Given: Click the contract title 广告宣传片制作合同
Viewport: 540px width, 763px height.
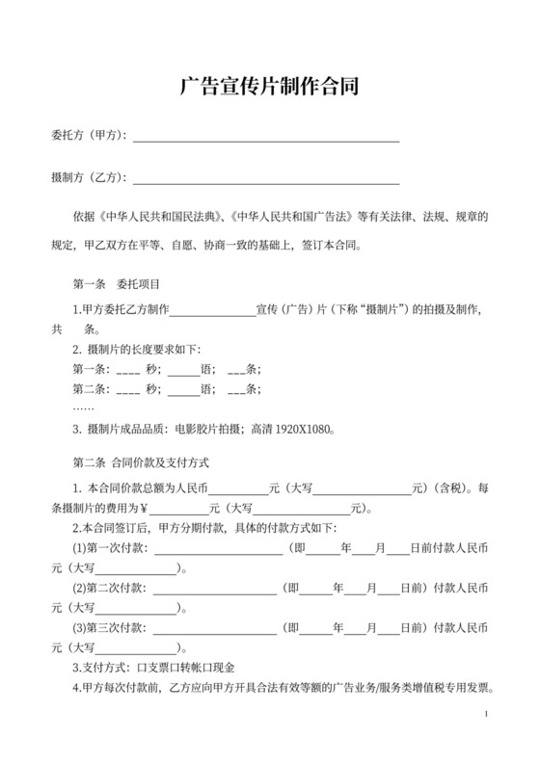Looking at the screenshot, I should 270,88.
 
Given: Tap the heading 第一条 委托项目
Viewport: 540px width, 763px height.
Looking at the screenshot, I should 116,285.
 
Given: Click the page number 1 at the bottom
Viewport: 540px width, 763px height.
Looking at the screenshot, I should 488,713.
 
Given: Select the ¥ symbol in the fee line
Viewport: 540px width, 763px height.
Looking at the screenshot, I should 144,509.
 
